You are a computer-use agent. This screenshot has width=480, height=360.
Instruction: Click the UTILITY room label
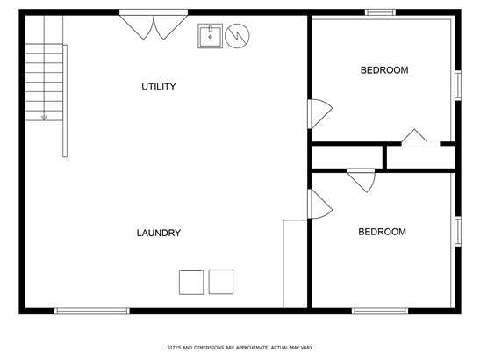[159, 87]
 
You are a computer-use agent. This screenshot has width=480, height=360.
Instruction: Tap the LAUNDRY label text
[159, 233]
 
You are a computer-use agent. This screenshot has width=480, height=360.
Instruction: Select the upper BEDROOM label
[384, 70]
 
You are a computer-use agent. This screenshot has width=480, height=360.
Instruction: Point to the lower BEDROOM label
[382, 232]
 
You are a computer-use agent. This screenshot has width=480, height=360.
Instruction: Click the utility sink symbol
[210, 36]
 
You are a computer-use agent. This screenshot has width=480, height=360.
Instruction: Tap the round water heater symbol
[237, 36]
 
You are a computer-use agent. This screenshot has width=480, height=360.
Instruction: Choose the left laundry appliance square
[191, 282]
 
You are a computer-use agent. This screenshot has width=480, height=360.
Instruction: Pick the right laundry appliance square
[221, 282]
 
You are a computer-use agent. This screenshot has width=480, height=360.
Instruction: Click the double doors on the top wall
[154, 25]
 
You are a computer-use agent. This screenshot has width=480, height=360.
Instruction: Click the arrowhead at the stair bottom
[44, 118]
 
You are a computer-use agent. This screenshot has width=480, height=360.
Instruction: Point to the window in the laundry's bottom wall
[92, 312]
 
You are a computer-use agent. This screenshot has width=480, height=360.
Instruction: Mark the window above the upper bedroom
[380, 12]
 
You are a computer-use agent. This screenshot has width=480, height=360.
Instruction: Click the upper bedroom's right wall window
[458, 85]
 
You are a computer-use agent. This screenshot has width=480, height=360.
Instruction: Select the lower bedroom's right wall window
[458, 231]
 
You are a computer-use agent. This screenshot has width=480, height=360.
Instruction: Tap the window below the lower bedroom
[380, 312]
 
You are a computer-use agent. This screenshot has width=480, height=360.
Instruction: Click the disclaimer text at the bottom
[240, 348]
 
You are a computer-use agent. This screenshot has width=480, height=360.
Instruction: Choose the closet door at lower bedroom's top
[362, 181]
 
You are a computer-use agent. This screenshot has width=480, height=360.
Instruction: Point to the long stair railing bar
[65, 101]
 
